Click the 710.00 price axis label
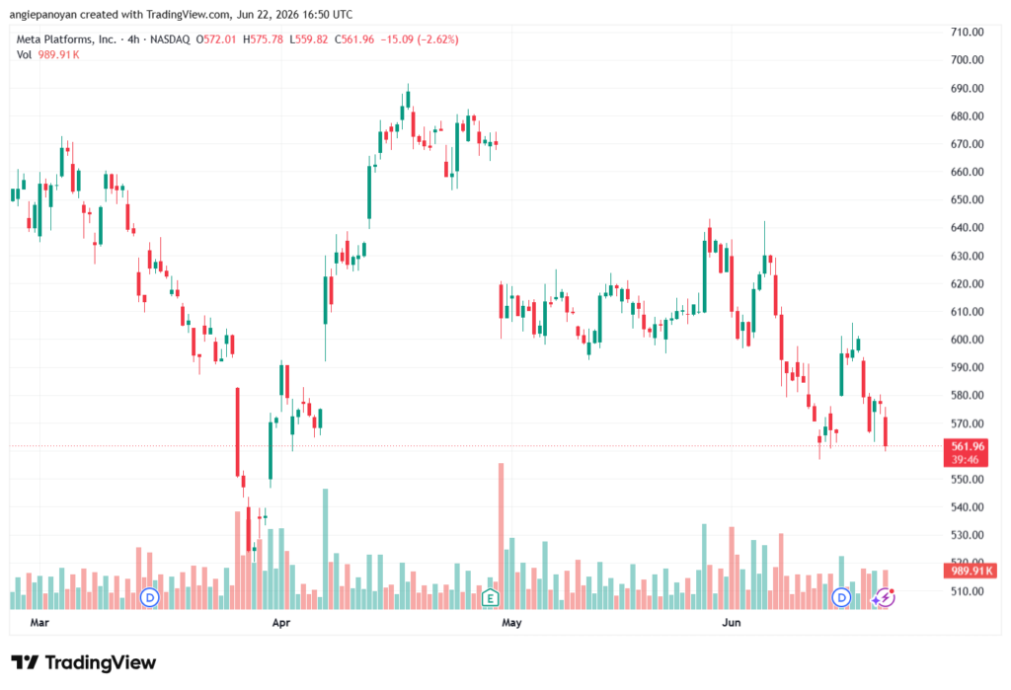pyautogui.click(x=968, y=33)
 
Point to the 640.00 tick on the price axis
pyautogui.click(x=968, y=228)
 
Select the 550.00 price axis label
pyautogui.click(x=968, y=479)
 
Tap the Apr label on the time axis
pyautogui.click(x=281, y=622)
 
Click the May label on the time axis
pyautogui.click(x=511, y=622)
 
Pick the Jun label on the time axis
pyautogui.click(x=732, y=622)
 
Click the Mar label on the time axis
pyautogui.click(x=39, y=622)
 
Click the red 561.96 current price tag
pyautogui.click(x=966, y=453)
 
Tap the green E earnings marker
pyautogui.click(x=490, y=598)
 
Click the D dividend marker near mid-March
pyautogui.click(x=150, y=598)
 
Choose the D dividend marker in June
pyautogui.click(x=841, y=598)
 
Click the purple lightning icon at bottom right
pyautogui.click(x=885, y=598)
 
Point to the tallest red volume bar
pyautogui.click(x=501, y=536)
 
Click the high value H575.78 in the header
pyautogui.click(x=263, y=39)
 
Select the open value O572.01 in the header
pyautogui.click(x=216, y=39)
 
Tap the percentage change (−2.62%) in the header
pyautogui.click(x=438, y=39)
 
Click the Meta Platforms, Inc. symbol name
pyautogui.click(x=66, y=39)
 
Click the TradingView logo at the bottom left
pyautogui.click(x=84, y=662)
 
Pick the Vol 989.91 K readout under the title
pyautogui.click(x=47, y=55)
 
